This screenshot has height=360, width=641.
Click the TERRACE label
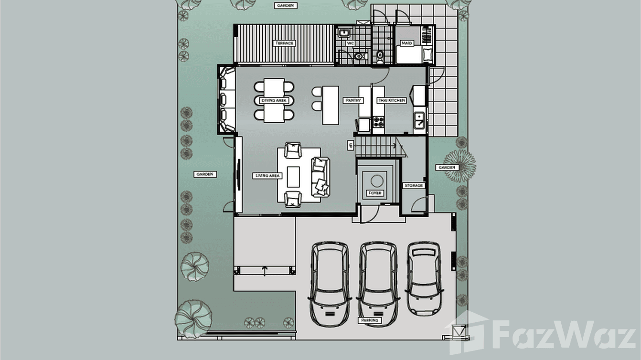[284, 43]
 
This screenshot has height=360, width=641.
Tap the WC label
[350, 43]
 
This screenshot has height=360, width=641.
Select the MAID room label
[406, 43]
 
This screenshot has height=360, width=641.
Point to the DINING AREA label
[274, 101]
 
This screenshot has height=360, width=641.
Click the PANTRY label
[353, 101]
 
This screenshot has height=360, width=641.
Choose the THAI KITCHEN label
[392, 101]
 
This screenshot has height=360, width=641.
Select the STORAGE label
[413, 185]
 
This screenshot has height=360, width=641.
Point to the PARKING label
[370, 320]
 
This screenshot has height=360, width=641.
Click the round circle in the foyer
[377, 180]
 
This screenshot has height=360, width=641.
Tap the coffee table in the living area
[293, 176]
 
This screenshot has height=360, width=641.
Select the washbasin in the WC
[343, 33]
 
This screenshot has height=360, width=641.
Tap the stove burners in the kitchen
[378, 122]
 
